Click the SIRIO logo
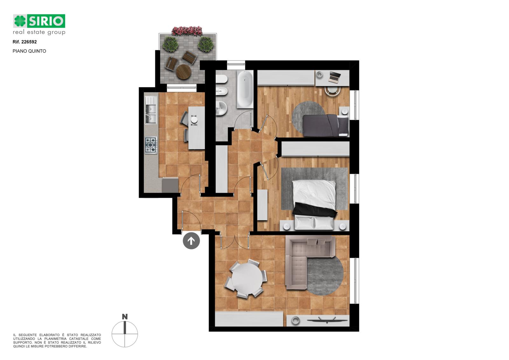coord(39,24)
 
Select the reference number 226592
coord(29,42)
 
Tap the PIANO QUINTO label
coord(29,51)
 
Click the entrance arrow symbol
coord(191,241)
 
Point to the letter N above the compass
coord(125,317)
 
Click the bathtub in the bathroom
coord(245,89)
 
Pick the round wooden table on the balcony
coord(183,72)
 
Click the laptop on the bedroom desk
coord(335,76)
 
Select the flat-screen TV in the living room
coord(327,321)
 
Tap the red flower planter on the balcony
coord(187,31)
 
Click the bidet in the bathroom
coord(221,92)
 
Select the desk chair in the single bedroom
coord(332,91)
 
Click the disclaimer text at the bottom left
coord(57,341)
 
